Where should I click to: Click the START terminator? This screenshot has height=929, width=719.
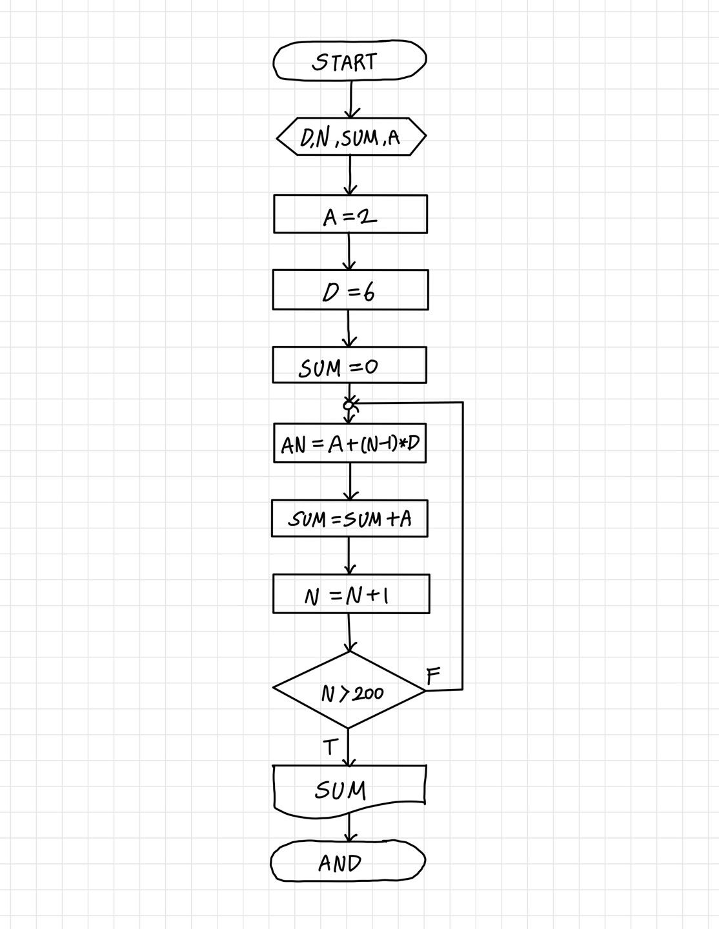[x=350, y=61]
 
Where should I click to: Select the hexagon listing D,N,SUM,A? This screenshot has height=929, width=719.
[x=351, y=137]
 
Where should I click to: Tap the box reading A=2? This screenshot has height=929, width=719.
[x=350, y=214]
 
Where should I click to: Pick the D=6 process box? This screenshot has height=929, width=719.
[x=350, y=290]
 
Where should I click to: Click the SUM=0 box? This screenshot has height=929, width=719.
[x=349, y=365]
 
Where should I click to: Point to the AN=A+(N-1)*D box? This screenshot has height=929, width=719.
[x=350, y=443]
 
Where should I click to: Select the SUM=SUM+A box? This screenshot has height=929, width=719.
[x=349, y=518]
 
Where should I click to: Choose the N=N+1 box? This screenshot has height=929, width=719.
[x=351, y=594]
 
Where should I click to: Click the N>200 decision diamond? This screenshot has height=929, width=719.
[x=349, y=690]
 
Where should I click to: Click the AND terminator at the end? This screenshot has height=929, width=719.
[x=348, y=861]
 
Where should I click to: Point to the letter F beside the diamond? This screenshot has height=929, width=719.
[x=433, y=675]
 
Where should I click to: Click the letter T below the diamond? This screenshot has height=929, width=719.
[x=330, y=747]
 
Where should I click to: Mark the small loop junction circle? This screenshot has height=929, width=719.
[x=349, y=405]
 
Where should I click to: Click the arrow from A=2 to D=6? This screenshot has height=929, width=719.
[x=349, y=252]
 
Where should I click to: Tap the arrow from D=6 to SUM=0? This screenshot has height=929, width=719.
[x=349, y=328]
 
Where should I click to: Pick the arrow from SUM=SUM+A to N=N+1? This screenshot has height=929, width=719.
[x=349, y=555]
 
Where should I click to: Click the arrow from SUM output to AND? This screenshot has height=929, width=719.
[x=349, y=826]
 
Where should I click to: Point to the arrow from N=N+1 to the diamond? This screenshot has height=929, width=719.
[x=349, y=632]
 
